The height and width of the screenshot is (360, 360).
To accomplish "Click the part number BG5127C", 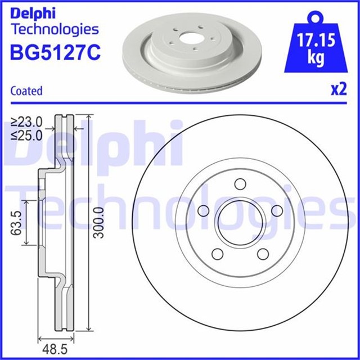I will (55, 52).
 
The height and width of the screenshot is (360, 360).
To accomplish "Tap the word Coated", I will (26, 91).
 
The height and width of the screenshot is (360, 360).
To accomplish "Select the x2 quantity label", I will (337, 90).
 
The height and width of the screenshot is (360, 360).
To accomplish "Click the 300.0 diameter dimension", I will (100, 222).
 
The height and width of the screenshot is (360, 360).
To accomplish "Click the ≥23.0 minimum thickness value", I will (27, 121).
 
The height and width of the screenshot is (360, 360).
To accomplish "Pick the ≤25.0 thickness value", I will (27, 134).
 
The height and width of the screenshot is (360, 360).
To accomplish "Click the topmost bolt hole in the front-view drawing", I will (240, 184).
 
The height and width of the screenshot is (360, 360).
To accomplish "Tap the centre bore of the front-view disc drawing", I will (240, 223).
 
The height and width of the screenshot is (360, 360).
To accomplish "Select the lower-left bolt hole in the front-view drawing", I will (217, 254).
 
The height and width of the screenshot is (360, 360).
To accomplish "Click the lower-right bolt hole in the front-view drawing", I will (262, 254).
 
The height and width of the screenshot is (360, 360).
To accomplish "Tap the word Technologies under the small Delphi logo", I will (55, 29).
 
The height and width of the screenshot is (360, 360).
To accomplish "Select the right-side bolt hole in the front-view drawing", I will (276, 210).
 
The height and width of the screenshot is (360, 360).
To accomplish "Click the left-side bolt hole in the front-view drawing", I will (203, 210).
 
